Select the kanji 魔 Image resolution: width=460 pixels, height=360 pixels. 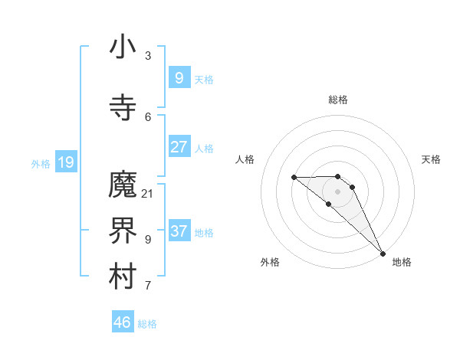[123, 185]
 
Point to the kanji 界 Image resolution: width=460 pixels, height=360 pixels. [123, 231]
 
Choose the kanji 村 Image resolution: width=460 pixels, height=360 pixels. [123, 277]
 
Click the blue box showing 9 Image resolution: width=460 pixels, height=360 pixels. [179, 77]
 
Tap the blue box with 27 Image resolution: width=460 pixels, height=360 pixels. [179, 147]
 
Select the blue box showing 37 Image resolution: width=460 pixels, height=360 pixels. [179, 231]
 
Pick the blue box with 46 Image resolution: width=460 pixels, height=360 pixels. [123, 322]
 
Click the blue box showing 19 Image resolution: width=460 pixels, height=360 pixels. [65, 162]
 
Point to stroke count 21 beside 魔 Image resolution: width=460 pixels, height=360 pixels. [147, 193]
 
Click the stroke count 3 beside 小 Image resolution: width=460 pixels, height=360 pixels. [148, 56]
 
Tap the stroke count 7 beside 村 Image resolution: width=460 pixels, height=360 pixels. [148, 286]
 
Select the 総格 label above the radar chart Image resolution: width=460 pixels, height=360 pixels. [338, 100]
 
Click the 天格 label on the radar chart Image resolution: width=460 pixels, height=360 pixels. [432, 159]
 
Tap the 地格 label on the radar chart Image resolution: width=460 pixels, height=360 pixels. [402, 262]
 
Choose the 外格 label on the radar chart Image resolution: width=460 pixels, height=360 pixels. [270, 262]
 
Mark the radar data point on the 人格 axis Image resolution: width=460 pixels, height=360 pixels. [294, 178]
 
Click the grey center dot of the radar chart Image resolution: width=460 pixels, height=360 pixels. [337, 191]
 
